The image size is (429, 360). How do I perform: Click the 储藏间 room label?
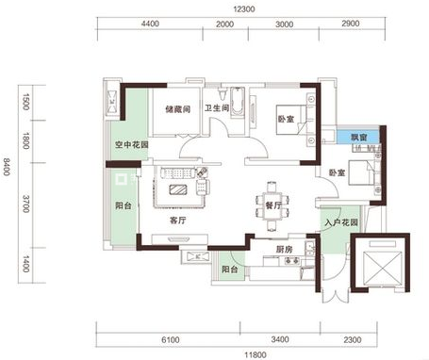click(x=178, y=109)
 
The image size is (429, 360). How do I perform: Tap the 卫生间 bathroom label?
click(x=217, y=108)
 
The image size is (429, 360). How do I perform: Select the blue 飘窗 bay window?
click(x=358, y=137)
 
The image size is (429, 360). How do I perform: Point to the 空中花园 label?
click(x=131, y=145)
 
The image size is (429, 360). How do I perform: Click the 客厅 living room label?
click(x=177, y=221)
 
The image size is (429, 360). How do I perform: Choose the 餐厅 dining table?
click(x=272, y=205)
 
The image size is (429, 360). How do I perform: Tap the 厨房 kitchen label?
click(x=284, y=250)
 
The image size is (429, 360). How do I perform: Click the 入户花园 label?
click(x=341, y=222)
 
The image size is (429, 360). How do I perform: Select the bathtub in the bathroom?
click(x=238, y=103)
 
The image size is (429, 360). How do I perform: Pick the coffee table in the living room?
click(x=178, y=189)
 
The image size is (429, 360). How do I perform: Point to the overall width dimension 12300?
click(x=244, y=9)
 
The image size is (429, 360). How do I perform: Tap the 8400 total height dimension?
click(x=7, y=167)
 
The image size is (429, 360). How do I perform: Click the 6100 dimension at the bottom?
click(x=171, y=340)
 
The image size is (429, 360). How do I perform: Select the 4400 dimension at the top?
click(x=150, y=24)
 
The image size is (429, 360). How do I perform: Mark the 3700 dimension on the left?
click(x=26, y=204)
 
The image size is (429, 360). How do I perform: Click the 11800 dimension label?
click(x=256, y=355)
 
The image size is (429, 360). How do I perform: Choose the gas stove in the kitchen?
click(x=292, y=260)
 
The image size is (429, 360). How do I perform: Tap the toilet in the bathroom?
click(x=223, y=93)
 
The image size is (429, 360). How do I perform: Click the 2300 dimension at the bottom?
click(x=353, y=340)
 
